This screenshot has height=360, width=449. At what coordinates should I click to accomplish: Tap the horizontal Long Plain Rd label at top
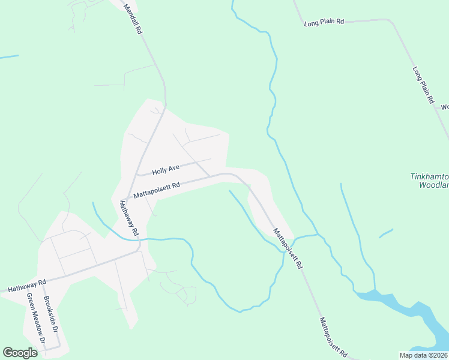pyautogui.click(x=324, y=23)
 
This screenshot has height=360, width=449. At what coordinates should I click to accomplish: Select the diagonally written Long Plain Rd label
pyautogui.click(x=423, y=85)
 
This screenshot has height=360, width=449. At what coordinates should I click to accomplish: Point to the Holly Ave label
pyautogui.click(x=166, y=170)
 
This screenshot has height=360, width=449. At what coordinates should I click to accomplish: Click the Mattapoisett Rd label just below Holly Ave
pyautogui.click(x=157, y=190)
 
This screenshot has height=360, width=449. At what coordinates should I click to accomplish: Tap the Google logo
pyautogui.click(x=20, y=353)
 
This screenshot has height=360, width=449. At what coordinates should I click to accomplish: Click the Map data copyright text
pyautogui.click(x=423, y=355)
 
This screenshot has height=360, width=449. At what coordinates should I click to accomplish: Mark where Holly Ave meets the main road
pyautogui.click(x=137, y=175)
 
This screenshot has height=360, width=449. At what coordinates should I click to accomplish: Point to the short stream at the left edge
pyautogui.click(x=8, y=57)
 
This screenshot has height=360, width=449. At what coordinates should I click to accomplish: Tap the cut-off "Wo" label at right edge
pyautogui.click(x=445, y=107)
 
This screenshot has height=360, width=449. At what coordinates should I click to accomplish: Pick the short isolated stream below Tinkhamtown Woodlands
pyautogui.click(x=386, y=233)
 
